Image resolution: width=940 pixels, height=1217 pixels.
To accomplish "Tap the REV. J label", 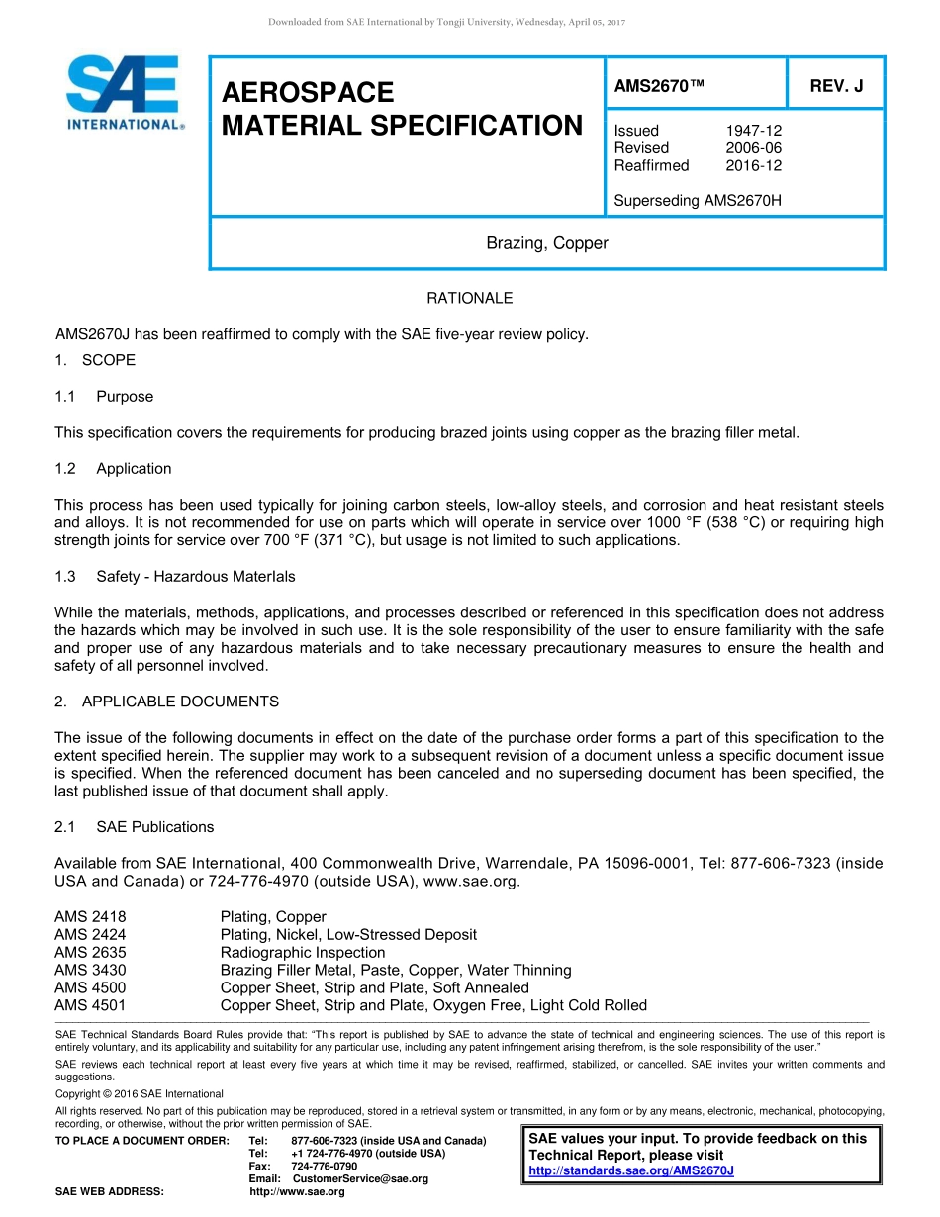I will (x=836, y=86).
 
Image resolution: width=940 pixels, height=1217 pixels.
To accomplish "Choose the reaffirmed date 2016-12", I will (x=753, y=166).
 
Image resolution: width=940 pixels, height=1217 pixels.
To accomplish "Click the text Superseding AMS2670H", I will (x=698, y=201).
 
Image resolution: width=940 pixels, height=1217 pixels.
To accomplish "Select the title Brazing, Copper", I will (x=546, y=243).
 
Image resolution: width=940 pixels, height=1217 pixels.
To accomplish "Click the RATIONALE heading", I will (x=469, y=298).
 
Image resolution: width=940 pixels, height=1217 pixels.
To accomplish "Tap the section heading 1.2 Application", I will (x=114, y=469).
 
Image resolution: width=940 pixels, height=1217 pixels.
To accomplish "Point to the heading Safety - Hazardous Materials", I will (x=195, y=576).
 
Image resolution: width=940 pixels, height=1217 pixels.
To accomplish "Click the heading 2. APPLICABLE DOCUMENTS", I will (x=166, y=702).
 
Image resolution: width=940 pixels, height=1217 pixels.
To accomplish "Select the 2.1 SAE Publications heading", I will (x=135, y=827).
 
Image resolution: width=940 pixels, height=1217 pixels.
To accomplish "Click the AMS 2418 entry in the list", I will (x=90, y=917).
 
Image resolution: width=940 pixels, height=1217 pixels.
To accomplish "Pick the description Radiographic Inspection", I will (x=303, y=953).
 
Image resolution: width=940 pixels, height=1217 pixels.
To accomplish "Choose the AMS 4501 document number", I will (x=90, y=1006).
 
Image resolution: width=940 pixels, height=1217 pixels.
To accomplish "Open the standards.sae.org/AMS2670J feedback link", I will (x=631, y=1170).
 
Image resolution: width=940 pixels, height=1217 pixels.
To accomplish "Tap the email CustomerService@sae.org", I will (x=360, y=1178).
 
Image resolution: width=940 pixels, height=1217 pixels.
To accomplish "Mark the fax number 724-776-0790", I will (x=325, y=1167).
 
